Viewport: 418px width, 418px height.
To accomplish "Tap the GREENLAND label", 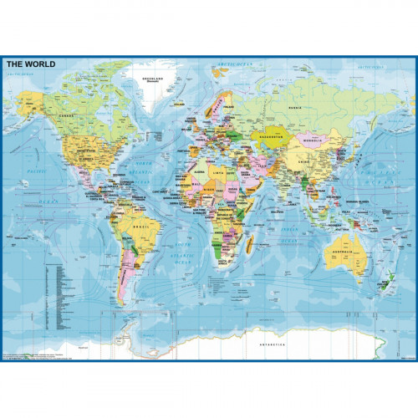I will pos(152,79).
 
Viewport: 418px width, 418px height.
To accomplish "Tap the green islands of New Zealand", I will pos(386,283).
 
